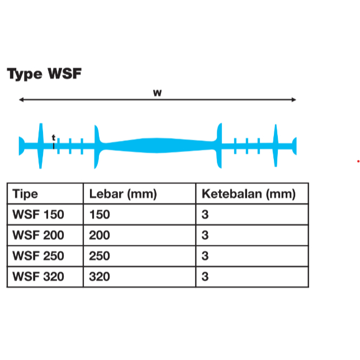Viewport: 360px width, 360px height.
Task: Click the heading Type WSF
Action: pos(44,74)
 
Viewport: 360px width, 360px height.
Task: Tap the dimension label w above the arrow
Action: pos(157,93)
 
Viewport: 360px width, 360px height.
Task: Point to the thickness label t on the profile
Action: pos(54,137)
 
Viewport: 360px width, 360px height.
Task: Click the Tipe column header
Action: pos(25,194)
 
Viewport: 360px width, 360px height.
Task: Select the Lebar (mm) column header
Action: pos(123,194)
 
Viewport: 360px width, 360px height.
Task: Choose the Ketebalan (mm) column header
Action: pos(248,194)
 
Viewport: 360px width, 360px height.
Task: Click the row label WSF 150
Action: pos(38,215)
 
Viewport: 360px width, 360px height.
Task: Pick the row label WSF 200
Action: pos(38,235)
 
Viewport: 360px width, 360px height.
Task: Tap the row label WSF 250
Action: pos(38,256)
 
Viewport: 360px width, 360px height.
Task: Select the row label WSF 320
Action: pos(38,277)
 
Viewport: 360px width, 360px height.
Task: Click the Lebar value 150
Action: pos(100,215)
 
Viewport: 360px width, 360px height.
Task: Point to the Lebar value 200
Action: pos(100,235)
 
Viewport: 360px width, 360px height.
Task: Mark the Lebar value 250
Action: pos(100,256)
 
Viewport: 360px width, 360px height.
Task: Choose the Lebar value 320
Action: pos(100,277)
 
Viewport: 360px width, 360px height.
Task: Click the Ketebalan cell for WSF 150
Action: pos(205,215)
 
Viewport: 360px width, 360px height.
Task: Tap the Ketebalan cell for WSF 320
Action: pos(205,277)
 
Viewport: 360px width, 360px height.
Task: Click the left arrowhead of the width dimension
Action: pos(21,100)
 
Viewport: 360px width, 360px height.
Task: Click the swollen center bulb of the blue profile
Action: pos(157,145)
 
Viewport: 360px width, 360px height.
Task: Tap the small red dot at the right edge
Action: pos(358,162)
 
